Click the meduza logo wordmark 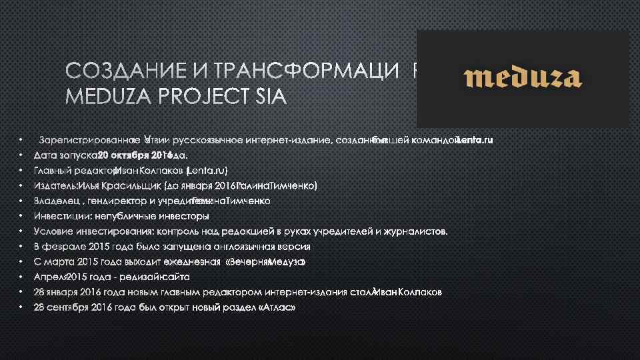523,78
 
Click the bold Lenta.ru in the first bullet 474,141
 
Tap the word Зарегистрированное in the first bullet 89,141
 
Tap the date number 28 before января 40,292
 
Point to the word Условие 56,231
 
